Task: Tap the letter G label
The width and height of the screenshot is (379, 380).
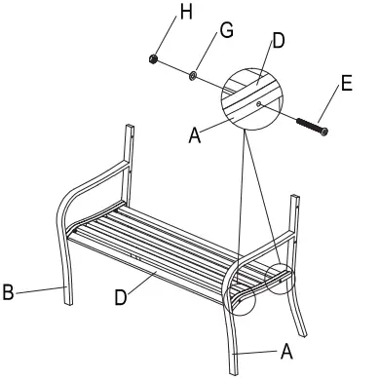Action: click(x=226, y=32)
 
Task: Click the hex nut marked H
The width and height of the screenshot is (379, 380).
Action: click(x=153, y=59)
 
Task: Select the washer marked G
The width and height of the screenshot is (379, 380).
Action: click(x=195, y=74)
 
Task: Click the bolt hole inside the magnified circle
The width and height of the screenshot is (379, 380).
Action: click(x=258, y=99)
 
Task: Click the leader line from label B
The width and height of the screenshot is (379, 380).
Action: click(x=39, y=288)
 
